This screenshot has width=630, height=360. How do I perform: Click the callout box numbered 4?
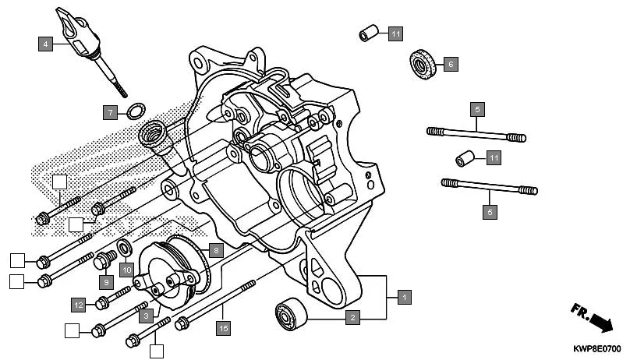pos(46,44)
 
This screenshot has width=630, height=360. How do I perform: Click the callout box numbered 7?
pos(111,112)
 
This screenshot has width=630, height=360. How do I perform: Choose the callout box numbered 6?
pos(451,65)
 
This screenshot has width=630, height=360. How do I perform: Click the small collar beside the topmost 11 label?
pos(368,34)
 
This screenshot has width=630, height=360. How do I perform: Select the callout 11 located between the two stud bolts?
pos(493,158)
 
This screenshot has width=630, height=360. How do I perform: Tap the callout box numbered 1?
pos(403,296)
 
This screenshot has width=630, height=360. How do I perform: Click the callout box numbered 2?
pos(352,316)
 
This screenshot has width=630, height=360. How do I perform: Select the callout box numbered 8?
pos(216,250)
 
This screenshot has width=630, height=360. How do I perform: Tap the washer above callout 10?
pos(124,249)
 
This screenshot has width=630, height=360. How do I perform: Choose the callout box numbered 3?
pos(145,316)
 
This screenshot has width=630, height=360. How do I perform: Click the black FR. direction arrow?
pos(600,320)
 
